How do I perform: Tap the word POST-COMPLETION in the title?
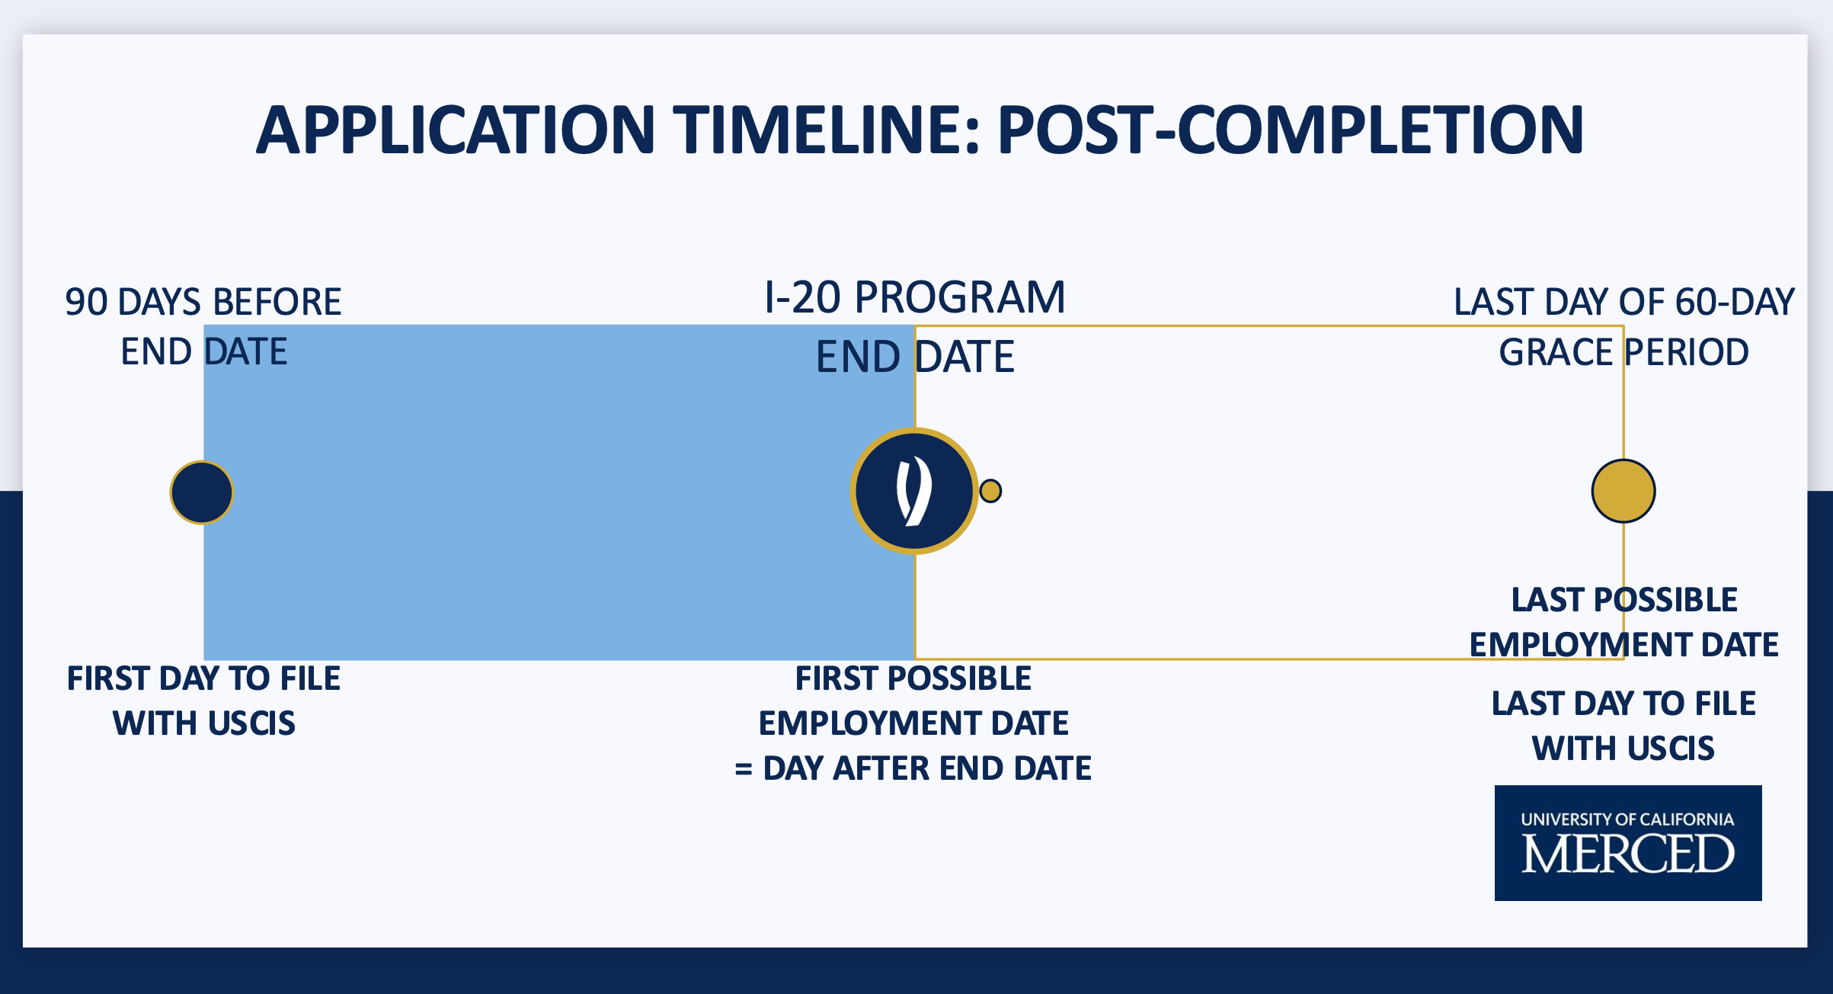pyautogui.click(x=1291, y=130)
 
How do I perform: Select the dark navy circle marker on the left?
pyautogui.click(x=202, y=492)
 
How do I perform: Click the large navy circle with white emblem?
pyautogui.click(x=914, y=491)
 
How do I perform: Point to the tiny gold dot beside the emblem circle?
pyautogui.click(x=990, y=491)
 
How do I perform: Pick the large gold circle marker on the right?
pyautogui.click(x=1623, y=491)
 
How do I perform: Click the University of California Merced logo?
pyautogui.click(x=1628, y=843)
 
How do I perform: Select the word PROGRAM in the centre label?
pyautogui.click(x=960, y=297)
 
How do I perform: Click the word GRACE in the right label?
pyautogui.click(x=1556, y=352)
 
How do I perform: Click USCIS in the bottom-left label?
pyautogui.click(x=251, y=723)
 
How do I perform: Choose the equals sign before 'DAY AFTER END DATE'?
pyautogui.click(x=744, y=769)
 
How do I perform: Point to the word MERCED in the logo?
pyautogui.click(x=1628, y=854)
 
